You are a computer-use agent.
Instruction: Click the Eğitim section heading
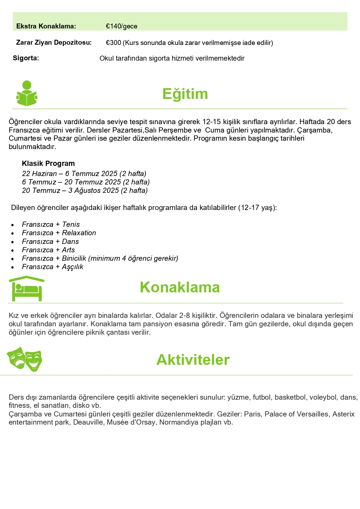(185, 94)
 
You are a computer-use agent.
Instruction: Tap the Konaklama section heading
(180, 287)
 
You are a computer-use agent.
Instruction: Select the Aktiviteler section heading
(193, 360)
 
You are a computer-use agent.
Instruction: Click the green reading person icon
(27, 93)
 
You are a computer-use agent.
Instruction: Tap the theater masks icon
(24, 359)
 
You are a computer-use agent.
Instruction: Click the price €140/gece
(122, 26)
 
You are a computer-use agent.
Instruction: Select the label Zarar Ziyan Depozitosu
(54, 43)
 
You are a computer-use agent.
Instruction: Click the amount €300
(113, 43)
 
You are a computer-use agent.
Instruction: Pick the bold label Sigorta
(26, 58)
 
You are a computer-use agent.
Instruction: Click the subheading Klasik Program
(48, 163)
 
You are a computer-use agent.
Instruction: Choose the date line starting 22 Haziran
(84, 174)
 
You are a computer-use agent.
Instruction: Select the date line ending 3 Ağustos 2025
(85, 191)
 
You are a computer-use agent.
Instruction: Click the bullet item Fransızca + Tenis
(51, 224)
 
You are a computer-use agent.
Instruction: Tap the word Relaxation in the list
(79, 233)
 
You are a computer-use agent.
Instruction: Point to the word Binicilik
(74, 258)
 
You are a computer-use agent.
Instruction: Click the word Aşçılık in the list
(73, 267)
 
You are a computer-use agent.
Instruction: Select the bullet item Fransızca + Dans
(50, 242)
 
